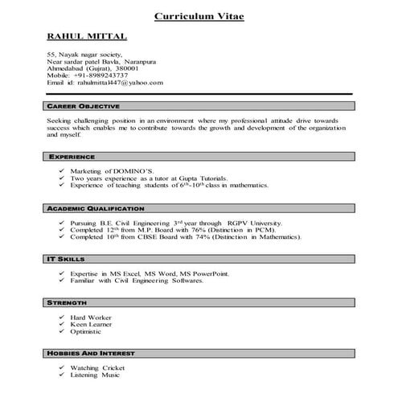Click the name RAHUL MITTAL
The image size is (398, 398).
[x=87, y=37]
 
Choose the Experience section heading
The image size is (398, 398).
[x=72, y=157]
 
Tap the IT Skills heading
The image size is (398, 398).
[x=65, y=260]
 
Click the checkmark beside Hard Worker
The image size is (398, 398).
[x=62, y=318]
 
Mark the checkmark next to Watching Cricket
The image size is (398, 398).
[x=62, y=368]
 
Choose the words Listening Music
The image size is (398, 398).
[x=96, y=375]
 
